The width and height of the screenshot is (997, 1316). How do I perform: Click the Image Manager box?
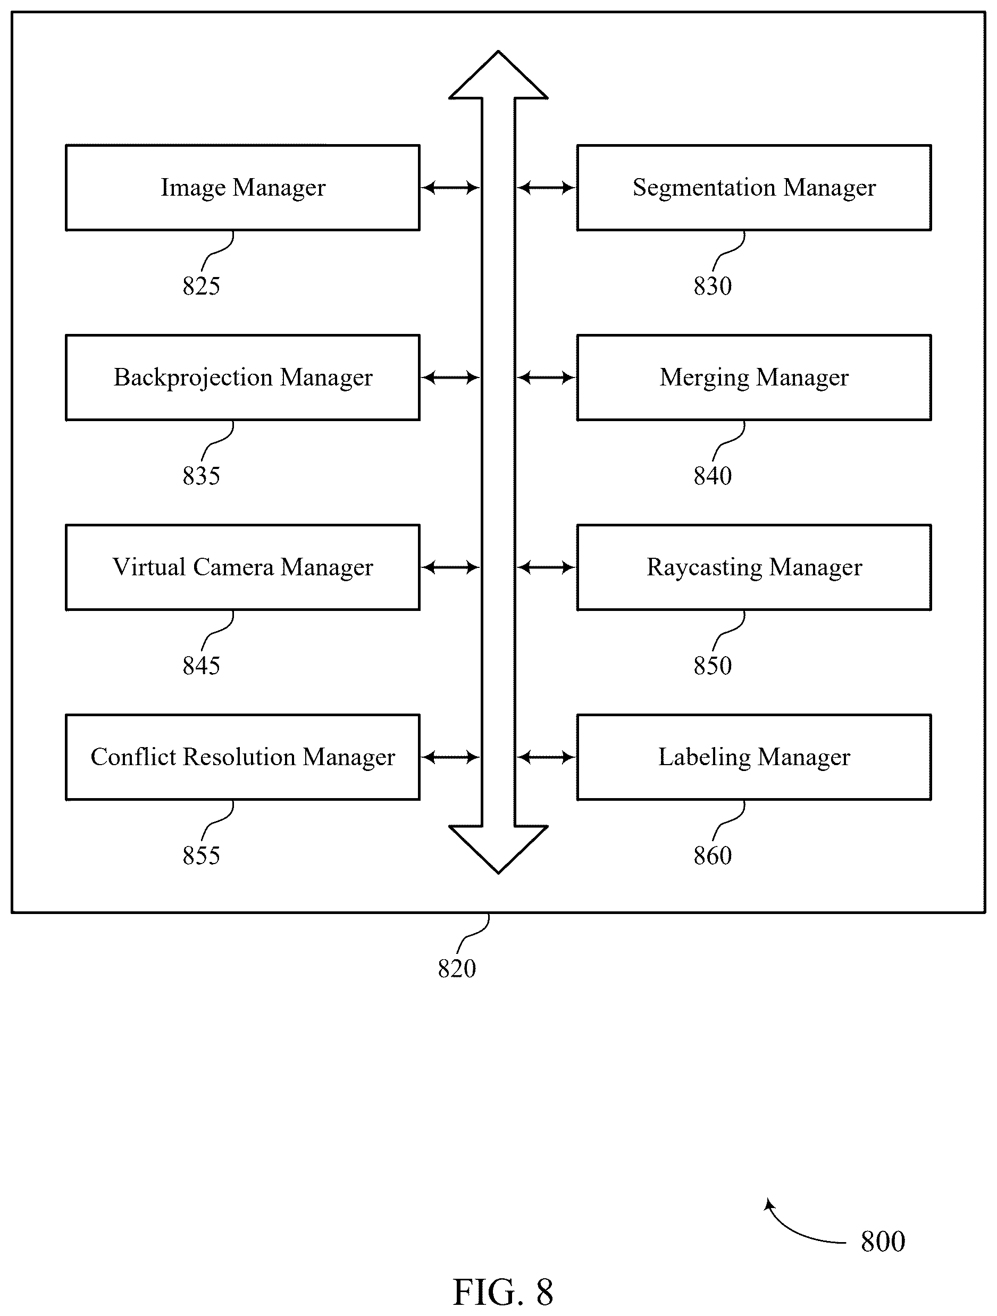click(x=242, y=187)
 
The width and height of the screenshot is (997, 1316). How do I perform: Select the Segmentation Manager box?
click(x=753, y=187)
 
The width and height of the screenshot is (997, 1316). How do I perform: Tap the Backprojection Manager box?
click(x=242, y=377)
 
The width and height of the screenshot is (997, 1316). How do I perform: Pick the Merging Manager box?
click(x=753, y=377)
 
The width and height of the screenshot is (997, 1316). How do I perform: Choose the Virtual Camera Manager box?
click(x=242, y=567)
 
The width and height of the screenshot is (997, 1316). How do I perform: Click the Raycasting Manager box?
click(x=753, y=567)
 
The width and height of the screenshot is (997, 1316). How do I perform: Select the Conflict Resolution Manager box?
click(x=242, y=757)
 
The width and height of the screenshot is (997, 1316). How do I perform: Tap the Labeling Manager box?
click(x=753, y=757)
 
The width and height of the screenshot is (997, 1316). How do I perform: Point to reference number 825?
click(x=201, y=286)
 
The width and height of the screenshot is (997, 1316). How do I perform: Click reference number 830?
click(x=712, y=286)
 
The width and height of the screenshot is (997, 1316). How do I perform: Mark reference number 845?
click(x=201, y=666)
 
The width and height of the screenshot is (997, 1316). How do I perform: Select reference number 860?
click(x=712, y=856)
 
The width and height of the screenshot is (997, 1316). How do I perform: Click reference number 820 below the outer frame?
click(x=457, y=969)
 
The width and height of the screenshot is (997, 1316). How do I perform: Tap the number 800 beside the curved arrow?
click(x=883, y=1242)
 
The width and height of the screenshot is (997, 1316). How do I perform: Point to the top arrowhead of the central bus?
click(x=499, y=74)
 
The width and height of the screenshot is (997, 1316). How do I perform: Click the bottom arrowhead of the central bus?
click(x=499, y=850)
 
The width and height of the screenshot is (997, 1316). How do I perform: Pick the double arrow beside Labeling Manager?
click(x=546, y=757)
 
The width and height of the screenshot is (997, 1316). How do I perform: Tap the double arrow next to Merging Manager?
click(x=546, y=377)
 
